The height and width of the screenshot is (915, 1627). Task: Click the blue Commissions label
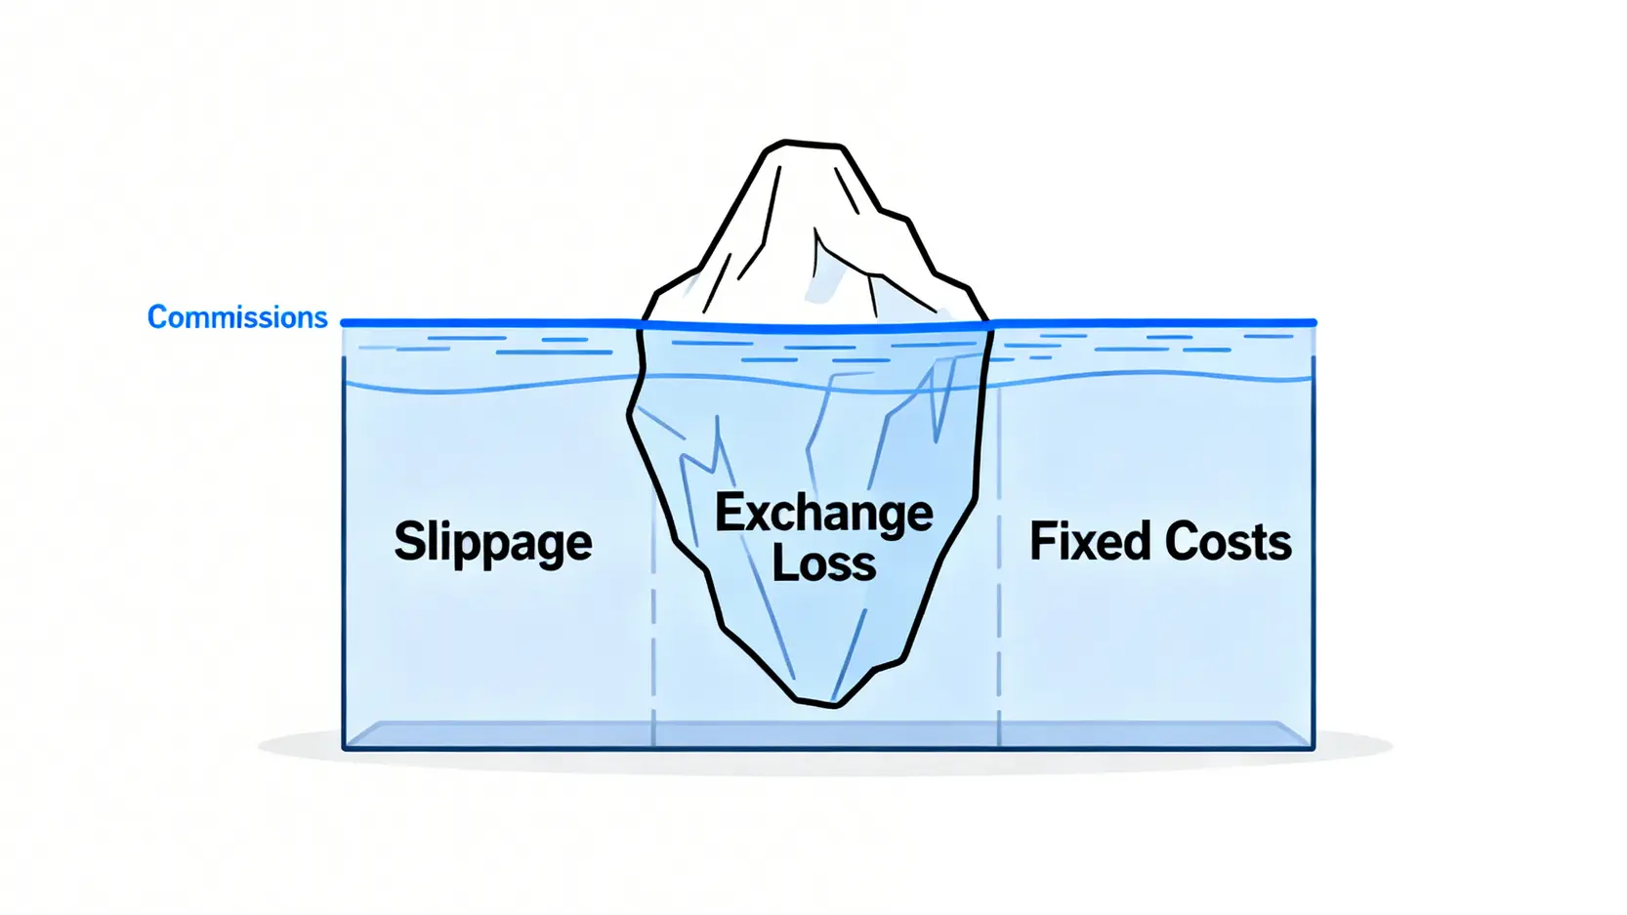click(x=237, y=317)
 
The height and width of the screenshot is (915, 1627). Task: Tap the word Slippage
click(x=492, y=542)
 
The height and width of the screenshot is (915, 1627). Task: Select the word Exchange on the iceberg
click(x=823, y=514)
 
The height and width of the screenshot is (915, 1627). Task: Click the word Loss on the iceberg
click(x=823, y=563)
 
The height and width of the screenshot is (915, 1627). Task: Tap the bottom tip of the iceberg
click(x=832, y=704)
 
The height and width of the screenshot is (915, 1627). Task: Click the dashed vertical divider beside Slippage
click(x=653, y=625)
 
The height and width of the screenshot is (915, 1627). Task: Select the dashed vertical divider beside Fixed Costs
click(x=999, y=625)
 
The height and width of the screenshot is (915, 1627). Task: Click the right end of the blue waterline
click(x=1313, y=322)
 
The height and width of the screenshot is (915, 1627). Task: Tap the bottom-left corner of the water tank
click(x=345, y=748)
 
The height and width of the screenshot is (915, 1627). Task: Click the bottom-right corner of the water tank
click(x=1313, y=748)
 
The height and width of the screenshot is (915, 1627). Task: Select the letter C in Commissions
click(x=156, y=317)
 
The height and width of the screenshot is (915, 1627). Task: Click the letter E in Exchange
click(x=729, y=512)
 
